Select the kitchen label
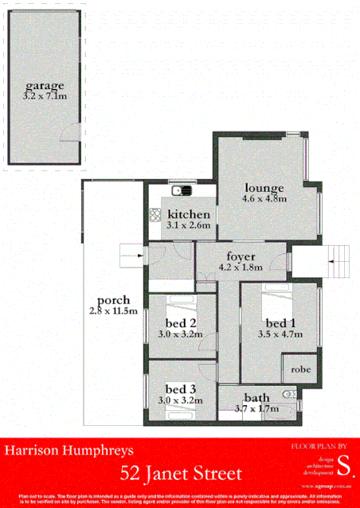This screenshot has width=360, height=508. coord(189,215)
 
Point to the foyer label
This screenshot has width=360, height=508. coord(240,256)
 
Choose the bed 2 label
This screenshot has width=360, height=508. coord(182,322)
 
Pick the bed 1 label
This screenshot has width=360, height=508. coord(280,322)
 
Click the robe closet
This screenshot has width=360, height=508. coord(300,370)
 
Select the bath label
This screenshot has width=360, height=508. coord(256,397)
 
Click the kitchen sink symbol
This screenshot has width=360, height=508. coord(182,190)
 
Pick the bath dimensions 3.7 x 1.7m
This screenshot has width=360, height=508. coord(256,408)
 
